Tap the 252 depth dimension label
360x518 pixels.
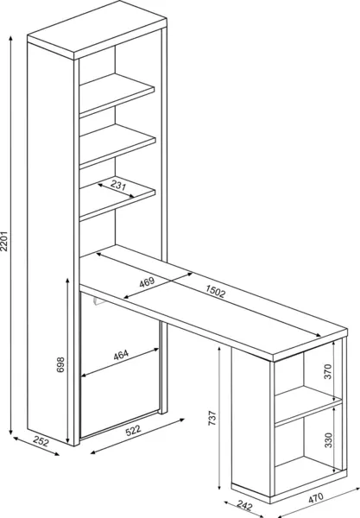point(41,442)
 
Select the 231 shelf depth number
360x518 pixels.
point(118,185)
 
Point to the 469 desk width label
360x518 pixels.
point(147,282)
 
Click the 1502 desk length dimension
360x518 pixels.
point(215,292)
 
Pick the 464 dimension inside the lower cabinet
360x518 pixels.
point(121,355)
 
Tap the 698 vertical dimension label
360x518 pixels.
point(60,364)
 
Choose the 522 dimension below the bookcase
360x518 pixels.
point(133,431)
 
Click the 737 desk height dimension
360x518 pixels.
point(212,418)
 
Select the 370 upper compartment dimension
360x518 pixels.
point(327,371)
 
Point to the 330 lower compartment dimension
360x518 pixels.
point(328,440)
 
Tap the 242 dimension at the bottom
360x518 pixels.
point(244,506)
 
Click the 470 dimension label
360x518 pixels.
point(316,498)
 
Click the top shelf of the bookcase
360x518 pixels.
point(117,95)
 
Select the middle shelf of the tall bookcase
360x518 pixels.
point(117,146)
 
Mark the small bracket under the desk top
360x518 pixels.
point(98,301)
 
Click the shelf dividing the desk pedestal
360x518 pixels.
point(308,406)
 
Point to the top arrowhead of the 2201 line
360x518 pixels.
point(11,38)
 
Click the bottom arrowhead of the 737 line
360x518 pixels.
point(219,488)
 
